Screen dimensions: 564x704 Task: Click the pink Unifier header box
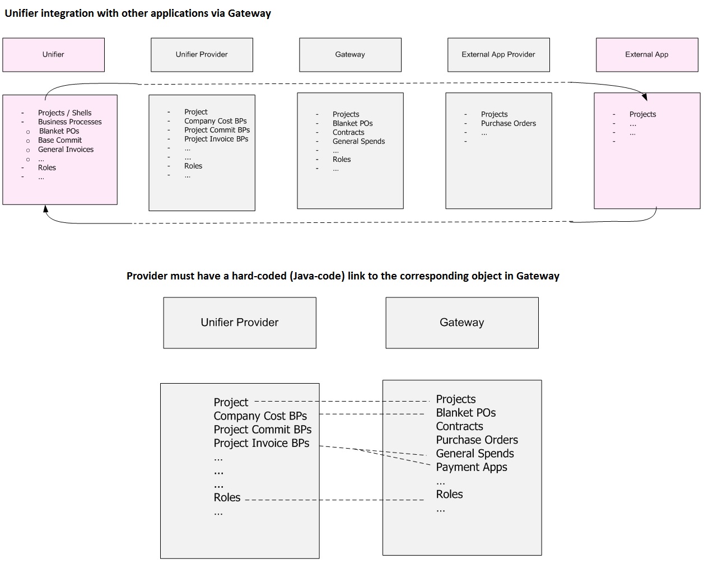click(53, 55)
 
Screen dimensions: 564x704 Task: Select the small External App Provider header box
click(498, 55)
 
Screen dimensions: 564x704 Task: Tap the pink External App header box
click(647, 55)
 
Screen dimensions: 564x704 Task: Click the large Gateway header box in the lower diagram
click(462, 323)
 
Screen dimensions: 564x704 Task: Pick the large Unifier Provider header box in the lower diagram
click(240, 323)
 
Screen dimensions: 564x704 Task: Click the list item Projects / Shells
click(64, 113)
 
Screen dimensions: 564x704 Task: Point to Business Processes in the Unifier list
click(69, 122)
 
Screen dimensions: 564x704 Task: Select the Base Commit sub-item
click(60, 140)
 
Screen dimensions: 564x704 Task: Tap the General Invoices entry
click(66, 150)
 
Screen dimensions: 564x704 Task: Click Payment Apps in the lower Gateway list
click(472, 467)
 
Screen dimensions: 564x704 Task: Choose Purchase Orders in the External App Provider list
click(508, 123)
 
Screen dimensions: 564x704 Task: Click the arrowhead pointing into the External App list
click(644, 97)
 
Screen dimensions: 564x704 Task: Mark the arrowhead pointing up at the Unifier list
click(45, 209)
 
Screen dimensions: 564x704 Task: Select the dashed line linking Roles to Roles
click(334, 500)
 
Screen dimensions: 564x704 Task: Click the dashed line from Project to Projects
click(342, 402)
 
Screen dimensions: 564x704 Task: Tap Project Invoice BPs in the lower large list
click(261, 443)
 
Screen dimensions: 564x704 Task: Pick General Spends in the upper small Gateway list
click(358, 142)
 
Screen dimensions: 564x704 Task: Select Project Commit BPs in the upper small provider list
click(217, 130)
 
